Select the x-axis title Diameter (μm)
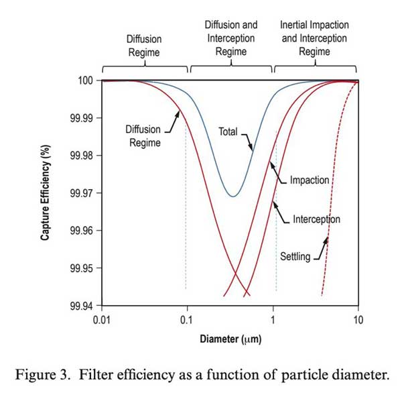pyautogui.click(x=230, y=339)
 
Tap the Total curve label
pyautogui.click(x=228, y=131)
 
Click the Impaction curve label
pyautogui.click(x=309, y=180)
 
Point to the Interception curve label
pyautogui.click(x=316, y=219)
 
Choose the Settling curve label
pyautogui.click(x=294, y=257)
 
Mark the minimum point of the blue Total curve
pyautogui.click(x=232, y=196)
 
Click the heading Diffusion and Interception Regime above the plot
pyautogui.click(x=231, y=38)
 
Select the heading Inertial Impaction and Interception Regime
pyautogui.click(x=314, y=38)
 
